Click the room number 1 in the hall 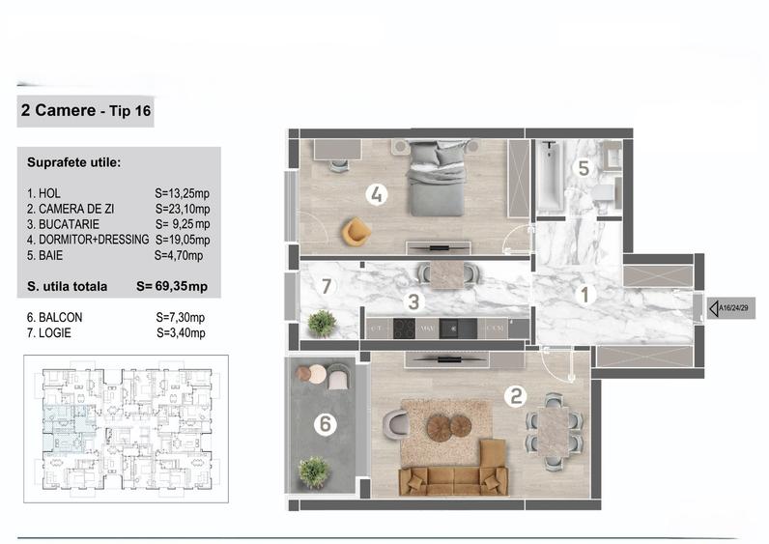click(x=585, y=297)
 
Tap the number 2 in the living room click(x=517, y=394)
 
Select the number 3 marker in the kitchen click(x=413, y=301)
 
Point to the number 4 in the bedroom click(x=377, y=195)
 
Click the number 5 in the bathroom click(x=583, y=168)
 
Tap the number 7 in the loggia click(x=327, y=286)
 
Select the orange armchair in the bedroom click(x=356, y=231)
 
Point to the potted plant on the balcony click(x=313, y=472)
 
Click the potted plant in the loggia click(x=322, y=322)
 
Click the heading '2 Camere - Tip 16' click(x=85, y=111)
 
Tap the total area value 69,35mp click(x=185, y=287)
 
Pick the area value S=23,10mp click(x=183, y=208)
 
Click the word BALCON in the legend click(x=60, y=317)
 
